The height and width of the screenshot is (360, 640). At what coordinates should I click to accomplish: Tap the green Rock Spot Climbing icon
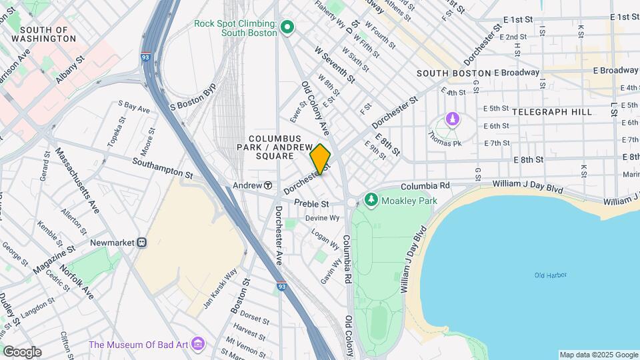point(288,27)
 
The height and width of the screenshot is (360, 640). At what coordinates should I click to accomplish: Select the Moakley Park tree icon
point(371,199)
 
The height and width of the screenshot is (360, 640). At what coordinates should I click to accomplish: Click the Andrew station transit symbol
point(267,185)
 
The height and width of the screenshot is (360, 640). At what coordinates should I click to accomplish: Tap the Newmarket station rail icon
point(141,243)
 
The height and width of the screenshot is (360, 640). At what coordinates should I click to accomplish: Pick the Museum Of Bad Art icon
point(198,344)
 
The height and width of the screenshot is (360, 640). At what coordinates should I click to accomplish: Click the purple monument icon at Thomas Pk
point(453,119)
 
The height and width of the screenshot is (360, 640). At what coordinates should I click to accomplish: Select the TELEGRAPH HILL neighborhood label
point(553,112)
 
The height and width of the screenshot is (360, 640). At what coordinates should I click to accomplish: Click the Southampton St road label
point(162,167)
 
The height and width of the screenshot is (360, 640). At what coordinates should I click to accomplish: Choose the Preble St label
point(312,203)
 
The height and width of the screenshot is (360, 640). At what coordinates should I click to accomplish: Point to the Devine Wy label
point(323,218)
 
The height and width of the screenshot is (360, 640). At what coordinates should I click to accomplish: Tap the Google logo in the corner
point(22,351)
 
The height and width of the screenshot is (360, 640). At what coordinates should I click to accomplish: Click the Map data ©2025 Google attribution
point(598,355)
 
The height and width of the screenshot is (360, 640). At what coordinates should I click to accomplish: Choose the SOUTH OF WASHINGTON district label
point(48,34)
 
